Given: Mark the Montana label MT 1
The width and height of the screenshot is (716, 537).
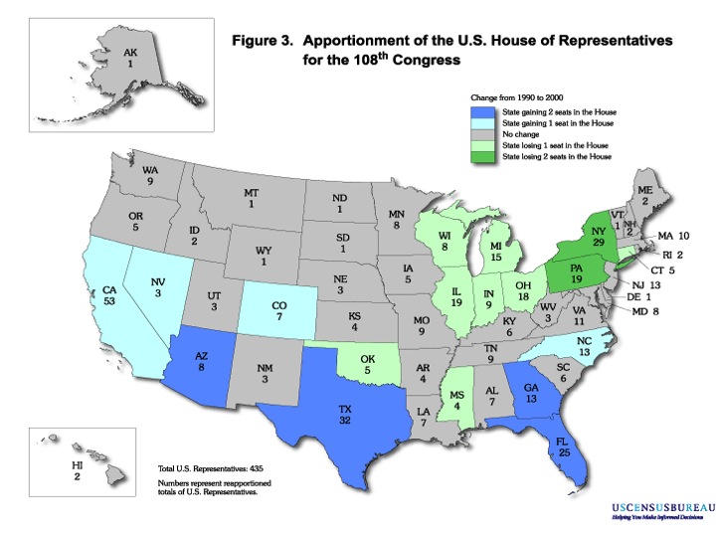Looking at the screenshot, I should coord(252,198).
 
